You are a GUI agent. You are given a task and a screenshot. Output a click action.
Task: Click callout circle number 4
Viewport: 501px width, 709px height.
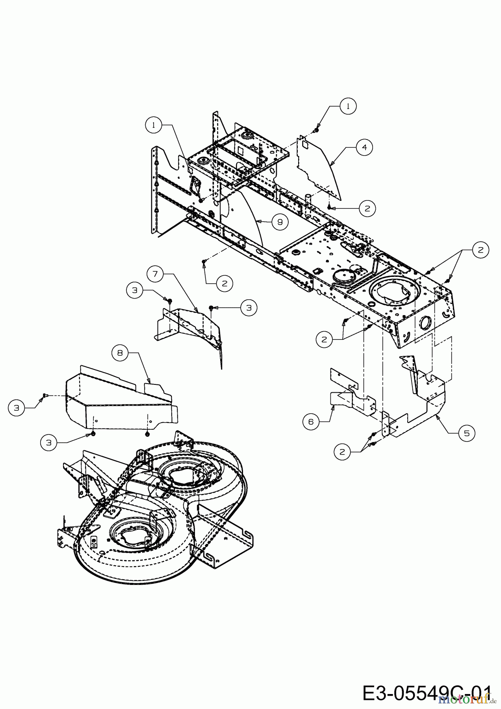[365, 147]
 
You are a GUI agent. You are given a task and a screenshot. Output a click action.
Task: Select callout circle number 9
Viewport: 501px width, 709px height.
[280, 222]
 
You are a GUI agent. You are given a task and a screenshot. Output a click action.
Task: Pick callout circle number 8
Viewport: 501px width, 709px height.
[120, 353]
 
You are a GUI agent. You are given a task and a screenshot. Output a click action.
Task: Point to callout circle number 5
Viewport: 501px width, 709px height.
[467, 433]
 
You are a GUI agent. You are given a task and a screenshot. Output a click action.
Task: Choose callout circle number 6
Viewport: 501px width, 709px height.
[311, 422]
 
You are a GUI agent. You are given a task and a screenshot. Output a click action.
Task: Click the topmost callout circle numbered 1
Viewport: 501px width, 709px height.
[348, 106]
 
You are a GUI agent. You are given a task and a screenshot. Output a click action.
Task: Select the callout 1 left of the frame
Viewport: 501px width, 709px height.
[154, 125]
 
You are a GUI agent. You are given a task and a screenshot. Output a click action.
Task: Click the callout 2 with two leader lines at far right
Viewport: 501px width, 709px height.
[481, 249]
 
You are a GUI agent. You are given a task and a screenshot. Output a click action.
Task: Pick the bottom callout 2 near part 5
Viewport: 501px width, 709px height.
[342, 452]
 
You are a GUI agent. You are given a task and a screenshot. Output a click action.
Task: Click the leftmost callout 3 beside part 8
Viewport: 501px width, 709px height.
[16, 408]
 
